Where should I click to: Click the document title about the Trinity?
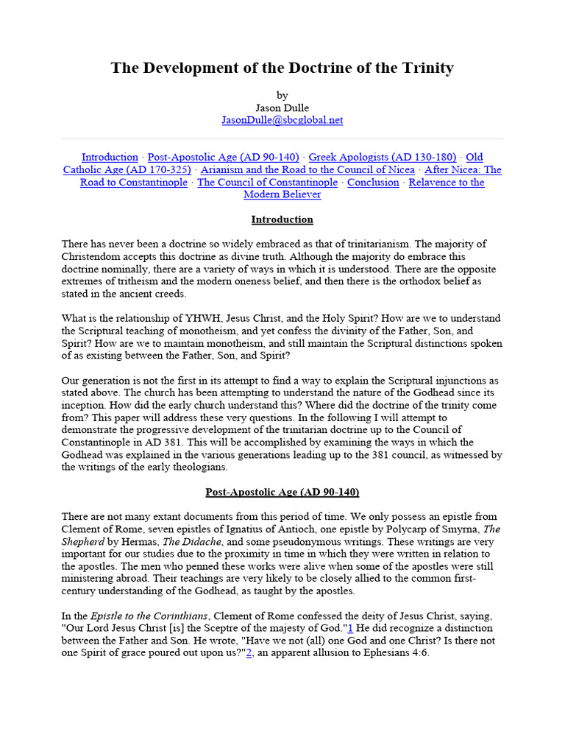[x=282, y=68]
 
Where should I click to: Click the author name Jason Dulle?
[x=282, y=108]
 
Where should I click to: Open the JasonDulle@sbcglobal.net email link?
[x=282, y=120]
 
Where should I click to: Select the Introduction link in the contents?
[x=110, y=157]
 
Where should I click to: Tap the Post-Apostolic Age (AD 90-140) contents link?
[x=223, y=157]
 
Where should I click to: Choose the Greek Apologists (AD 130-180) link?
[x=383, y=157]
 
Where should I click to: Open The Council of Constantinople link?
[x=267, y=182]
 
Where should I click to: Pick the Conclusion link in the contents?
[x=373, y=182]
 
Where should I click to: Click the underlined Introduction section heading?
[x=282, y=219]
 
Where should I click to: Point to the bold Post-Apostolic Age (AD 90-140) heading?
[x=282, y=492]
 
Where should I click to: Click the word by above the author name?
[x=282, y=95]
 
